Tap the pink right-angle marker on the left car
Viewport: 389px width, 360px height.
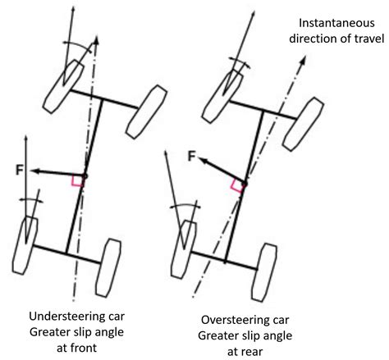pyautogui.click(x=77, y=180)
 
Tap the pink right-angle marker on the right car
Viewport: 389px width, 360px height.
pyautogui.click(x=238, y=185)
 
